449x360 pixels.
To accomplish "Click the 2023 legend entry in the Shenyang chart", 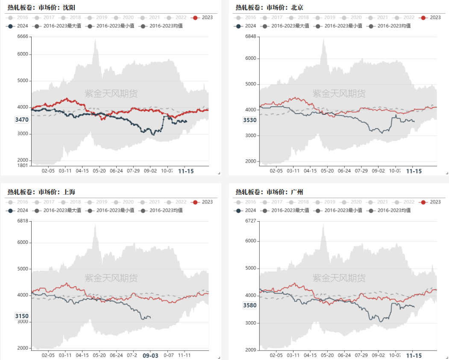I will point(203,18).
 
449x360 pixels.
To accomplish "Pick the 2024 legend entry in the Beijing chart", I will point(246,26).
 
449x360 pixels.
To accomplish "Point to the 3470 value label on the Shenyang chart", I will point(22,120).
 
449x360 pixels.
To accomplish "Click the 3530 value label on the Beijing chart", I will point(250,120).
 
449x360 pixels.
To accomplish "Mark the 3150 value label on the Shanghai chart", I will point(22,316).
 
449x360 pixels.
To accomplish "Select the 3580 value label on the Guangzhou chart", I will point(250,305).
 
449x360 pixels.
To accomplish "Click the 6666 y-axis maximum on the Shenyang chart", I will point(22,37).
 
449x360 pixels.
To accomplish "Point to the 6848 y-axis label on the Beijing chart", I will point(250,37).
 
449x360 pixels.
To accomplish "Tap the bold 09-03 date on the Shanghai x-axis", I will point(150,355).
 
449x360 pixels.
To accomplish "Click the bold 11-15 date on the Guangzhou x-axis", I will point(414,355).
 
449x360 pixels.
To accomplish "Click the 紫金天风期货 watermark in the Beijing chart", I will point(339,94).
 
